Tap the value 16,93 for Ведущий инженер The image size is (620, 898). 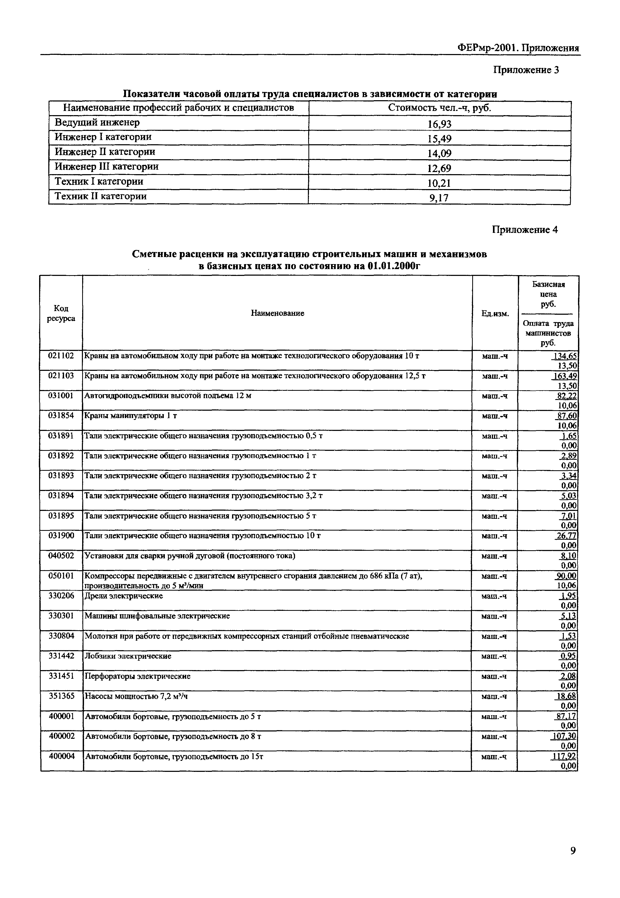pyautogui.click(x=439, y=124)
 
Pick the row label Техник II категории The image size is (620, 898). pyautogui.click(x=101, y=196)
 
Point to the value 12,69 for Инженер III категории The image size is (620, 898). pyautogui.click(x=439, y=168)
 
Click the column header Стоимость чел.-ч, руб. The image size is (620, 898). pyautogui.click(x=439, y=108)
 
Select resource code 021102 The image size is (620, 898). pyautogui.click(x=61, y=355)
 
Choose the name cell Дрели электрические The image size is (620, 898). pyautogui.click(x=124, y=596)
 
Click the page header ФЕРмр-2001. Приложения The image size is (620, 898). pyautogui.click(x=518, y=48)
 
